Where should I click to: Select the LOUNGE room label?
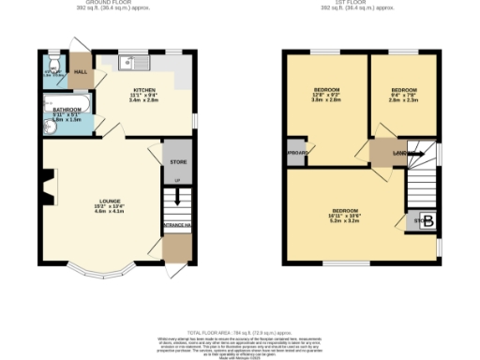(99, 200)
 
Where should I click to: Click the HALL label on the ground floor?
(81, 71)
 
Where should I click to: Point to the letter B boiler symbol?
(427, 222)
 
